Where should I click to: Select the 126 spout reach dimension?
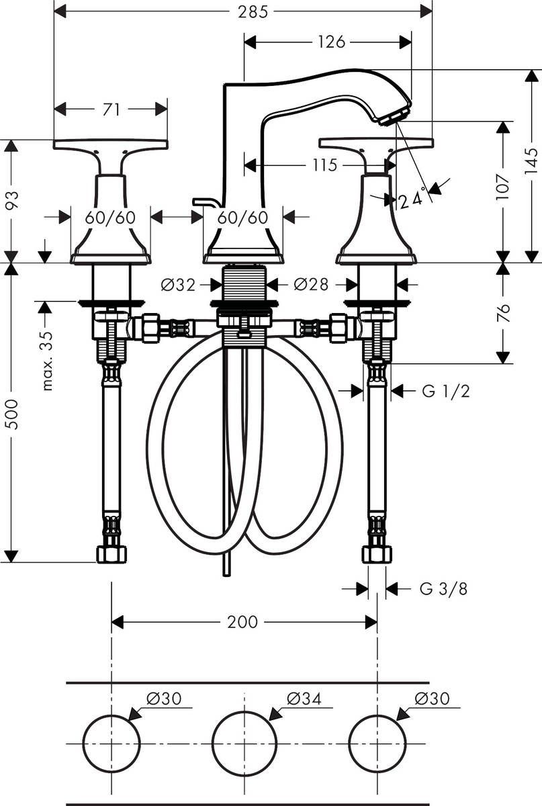(x=331, y=42)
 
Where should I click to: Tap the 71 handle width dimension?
(x=111, y=109)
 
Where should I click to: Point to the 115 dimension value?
(x=325, y=165)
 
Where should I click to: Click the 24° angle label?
(x=412, y=199)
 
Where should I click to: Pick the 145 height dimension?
(x=531, y=162)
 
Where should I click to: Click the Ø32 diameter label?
(x=178, y=285)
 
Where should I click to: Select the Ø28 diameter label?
(x=311, y=285)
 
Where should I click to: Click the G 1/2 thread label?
(x=445, y=390)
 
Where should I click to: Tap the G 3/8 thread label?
(x=443, y=589)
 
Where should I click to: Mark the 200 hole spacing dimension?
(x=242, y=622)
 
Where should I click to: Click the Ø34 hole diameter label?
(x=304, y=699)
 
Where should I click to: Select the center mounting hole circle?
(x=244, y=744)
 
